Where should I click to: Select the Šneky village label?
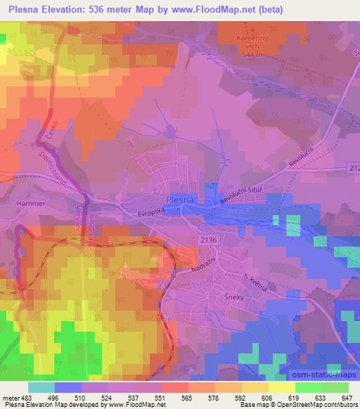[234, 296]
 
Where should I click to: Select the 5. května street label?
[254, 285]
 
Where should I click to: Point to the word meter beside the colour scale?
[10, 398]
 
